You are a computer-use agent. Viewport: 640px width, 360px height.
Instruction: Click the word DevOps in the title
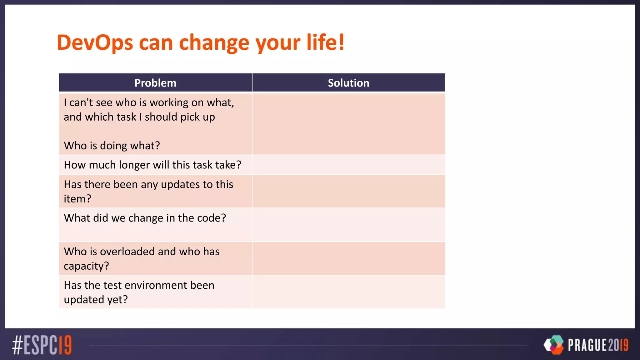95,42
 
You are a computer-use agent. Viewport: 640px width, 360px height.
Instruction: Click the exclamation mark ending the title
341,42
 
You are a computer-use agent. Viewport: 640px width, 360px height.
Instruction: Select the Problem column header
155,83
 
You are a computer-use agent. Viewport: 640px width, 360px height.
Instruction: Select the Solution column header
348,83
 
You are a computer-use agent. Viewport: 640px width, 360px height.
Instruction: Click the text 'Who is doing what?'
112,146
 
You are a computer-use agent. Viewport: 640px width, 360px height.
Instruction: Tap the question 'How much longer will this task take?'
152,165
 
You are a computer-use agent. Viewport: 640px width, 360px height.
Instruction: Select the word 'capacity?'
86,266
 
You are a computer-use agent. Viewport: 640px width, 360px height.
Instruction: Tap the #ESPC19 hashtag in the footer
42,345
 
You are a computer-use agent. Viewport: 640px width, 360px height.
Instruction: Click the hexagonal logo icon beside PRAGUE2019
554,345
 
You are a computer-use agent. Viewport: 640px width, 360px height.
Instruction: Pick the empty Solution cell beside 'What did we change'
348,225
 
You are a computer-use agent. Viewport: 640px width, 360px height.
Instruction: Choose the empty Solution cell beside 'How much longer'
348,165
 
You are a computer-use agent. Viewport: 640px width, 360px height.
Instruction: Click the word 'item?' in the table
77,199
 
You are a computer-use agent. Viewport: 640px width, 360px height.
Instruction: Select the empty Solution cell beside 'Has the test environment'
348,292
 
